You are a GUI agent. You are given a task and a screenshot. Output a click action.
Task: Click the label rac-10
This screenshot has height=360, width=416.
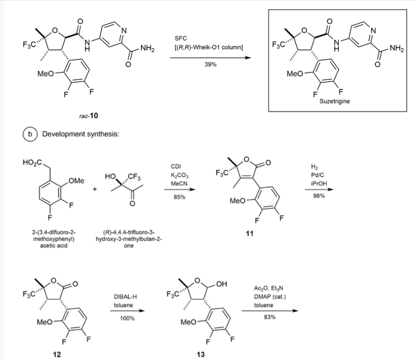tap(89, 115)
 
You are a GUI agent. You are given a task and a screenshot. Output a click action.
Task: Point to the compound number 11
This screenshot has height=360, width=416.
tap(250, 235)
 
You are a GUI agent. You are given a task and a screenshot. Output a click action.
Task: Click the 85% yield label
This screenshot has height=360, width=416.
tap(180, 197)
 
